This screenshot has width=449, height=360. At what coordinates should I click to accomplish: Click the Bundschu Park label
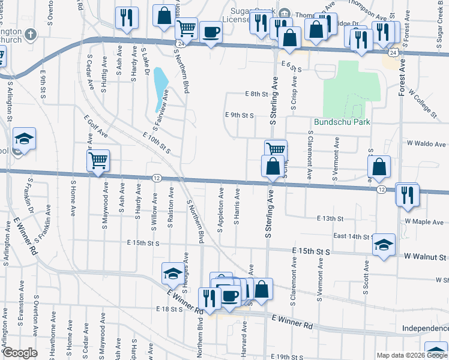pyautogui.click(x=342, y=122)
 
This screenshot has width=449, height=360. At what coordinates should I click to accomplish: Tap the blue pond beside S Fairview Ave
pyautogui.click(x=160, y=85)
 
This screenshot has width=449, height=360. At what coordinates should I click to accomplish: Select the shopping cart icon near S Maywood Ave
pyautogui.click(x=98, y=160)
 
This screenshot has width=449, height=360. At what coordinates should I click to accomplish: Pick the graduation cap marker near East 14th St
pyautogui.click(x=384, y=244)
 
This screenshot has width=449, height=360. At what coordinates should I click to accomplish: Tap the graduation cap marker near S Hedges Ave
pyautogui.click(x=173, y=273)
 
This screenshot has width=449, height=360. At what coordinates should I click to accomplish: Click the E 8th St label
pyautogui.click(x=256, y=94)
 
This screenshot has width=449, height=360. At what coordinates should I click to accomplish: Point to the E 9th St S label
pyautogui.click(x=240, y=115)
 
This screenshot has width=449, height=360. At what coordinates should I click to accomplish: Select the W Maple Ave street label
pyautogui.click(x=424, y=221)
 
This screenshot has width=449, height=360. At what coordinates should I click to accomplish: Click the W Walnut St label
pyautogui.click(x=424, y=257)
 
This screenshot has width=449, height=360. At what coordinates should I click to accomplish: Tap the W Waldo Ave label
pyautogui.click(x=427, y=144)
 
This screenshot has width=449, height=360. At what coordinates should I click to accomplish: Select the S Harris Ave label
pyautogui.click(x=237, y=207)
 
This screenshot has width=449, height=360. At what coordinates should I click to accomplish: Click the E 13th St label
pyautogui.click(x=330, y=219)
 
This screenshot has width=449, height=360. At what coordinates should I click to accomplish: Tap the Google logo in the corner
pyautogui.click(x=20, y=353)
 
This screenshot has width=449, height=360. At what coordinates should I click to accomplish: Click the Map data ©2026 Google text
pyautogui.click(x=412, y=355)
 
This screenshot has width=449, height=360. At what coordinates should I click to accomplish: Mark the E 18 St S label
pyautogui.click(x=167, y=309)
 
